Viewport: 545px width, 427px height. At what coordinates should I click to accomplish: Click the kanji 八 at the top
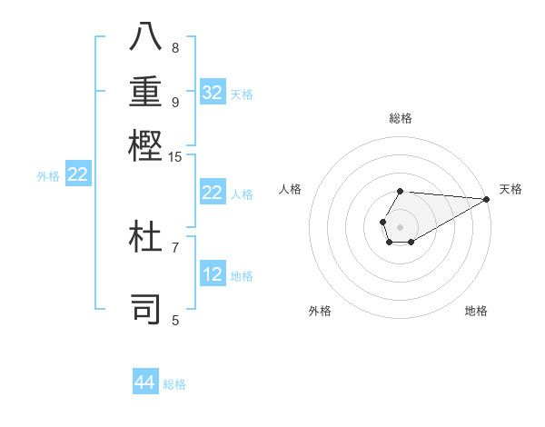click(146, 37)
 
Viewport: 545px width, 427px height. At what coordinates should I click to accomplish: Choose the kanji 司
click(146, 307)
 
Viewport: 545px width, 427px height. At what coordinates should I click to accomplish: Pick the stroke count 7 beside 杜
click(175, 246)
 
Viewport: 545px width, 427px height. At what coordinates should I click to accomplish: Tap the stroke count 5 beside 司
click(175, 319)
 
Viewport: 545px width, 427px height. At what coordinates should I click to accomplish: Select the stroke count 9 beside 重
click(175, 101)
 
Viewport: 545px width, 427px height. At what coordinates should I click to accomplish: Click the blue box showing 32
click(213, 93)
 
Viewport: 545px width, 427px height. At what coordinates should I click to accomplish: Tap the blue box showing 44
click(145, 382)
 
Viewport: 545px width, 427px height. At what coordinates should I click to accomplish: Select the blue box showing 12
click(213, 274)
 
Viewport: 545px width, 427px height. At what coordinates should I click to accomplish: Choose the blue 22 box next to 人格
click(213, 193)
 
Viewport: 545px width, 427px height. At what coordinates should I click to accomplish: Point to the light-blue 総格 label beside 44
click(175, 384)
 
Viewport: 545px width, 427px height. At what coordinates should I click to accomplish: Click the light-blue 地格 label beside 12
click(243, 276)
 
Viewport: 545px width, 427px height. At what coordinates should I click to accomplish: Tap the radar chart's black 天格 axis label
click(510, 189)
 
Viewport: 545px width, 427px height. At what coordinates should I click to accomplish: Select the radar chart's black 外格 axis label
click(320, 311)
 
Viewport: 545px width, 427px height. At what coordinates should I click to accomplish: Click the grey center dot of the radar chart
click(400, 225)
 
